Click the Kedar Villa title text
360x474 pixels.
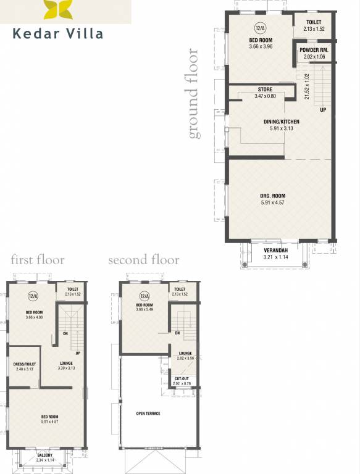click(x=58, y=33)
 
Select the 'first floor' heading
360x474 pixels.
click(x=37, y=260)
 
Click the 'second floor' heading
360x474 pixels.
click(x=143, y=260)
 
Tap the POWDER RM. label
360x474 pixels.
click(x=313, y=49)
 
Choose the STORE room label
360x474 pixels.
click(x=265, y=89)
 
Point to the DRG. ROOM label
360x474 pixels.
click(x=272, y=196)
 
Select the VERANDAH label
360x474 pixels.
click(x=276, y=250)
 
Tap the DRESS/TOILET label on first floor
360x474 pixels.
click(x=25, y=364)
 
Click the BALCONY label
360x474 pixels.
click(x=44, y=455)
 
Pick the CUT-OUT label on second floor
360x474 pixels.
click(x=182, y=378)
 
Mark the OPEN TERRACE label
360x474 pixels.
click(x=148, y=413)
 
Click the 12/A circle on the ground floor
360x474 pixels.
click(x=260, y=28)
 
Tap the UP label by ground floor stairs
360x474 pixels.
click(x=322, y=110)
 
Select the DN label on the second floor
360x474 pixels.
click(x=177, y=333)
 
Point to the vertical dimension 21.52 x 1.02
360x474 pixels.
click(x=307, y=86)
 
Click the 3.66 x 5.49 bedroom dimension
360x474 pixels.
click(x=144, y=310)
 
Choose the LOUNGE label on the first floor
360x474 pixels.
click(x=66, y=363)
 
